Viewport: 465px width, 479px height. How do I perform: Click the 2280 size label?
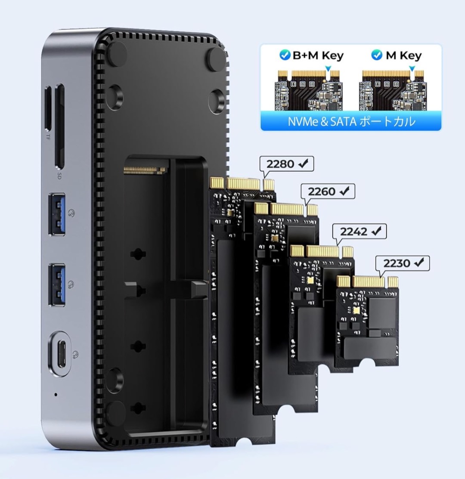tap(286, 164)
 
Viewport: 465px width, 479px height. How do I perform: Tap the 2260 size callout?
tap(328, 191)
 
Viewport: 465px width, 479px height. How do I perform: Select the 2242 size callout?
tap(359, 232)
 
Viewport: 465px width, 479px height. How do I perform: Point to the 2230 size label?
tap(403, 263)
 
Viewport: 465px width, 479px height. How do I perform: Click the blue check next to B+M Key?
tap(285, 55)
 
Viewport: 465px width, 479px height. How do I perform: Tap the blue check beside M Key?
tap(376, 55)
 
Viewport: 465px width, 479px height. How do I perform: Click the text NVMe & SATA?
tap(322, 121)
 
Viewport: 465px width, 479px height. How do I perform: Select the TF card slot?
tap(48, 108)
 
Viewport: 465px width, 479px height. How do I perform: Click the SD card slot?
tap(60, 126)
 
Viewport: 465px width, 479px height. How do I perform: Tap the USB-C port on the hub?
tap(60, 354)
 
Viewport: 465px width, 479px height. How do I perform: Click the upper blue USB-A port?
tap(57, 214)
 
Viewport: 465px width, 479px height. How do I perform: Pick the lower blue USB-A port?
tap(57, 285)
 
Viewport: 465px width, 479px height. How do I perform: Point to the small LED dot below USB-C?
tap(56, 395)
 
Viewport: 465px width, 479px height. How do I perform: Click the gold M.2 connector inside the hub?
tap(146, 169)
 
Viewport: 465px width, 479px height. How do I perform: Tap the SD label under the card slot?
tap(59, 176)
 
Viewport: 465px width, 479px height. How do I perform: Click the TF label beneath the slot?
tap(48, 137)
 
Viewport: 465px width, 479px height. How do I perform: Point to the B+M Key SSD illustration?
tap(309, 90)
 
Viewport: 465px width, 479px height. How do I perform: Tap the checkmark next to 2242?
tap(376, 231)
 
